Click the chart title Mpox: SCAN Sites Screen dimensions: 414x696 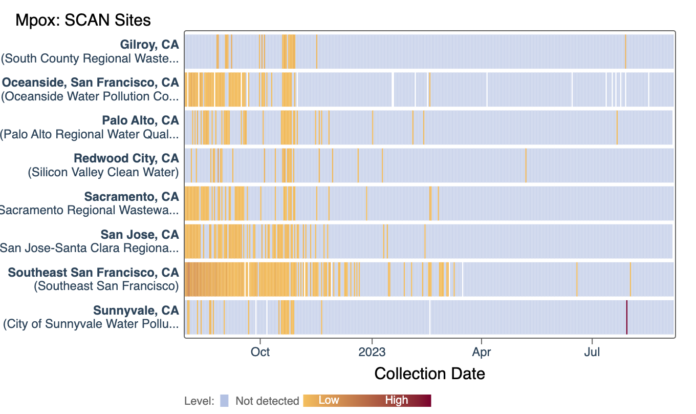pos(83,20)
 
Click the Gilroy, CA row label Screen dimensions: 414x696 pos(149,45)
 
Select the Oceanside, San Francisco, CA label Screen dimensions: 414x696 pos(91,82)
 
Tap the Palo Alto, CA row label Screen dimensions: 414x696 pos(140,120)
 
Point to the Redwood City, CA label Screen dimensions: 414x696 pos(126,158)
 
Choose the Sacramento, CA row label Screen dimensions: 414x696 pos(132,196)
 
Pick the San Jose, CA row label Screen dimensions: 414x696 pos(140,234)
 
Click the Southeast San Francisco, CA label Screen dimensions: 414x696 pos(94,272)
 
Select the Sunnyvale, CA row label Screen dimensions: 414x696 pos(136,310)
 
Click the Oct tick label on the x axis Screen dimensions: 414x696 pos(260,353)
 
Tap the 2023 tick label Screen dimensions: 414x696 pos(372,353)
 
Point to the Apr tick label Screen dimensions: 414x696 pos(482,353)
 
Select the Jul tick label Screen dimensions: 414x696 pos(592,353)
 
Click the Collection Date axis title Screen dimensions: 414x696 pos(430,374)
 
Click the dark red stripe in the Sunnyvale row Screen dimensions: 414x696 pos(627,317)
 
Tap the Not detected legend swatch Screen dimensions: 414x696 pos(224,401)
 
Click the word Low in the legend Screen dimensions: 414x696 pos(329,400)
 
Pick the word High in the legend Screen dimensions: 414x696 pos(397,400)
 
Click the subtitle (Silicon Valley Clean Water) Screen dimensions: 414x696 pos(103,172)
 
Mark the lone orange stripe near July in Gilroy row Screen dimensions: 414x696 pos(625,51)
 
